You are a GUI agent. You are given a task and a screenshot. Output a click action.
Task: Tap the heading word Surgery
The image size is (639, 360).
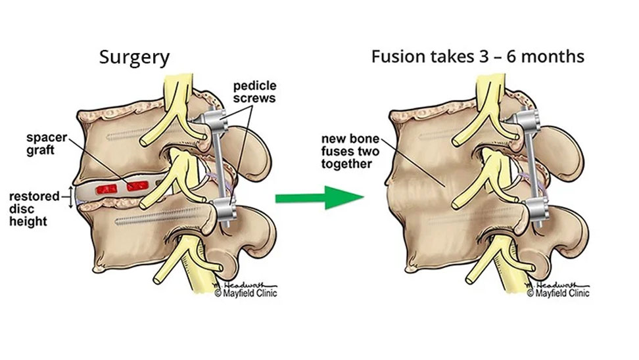tap(134, 57)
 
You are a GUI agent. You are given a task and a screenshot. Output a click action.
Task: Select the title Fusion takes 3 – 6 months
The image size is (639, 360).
tap(477, 56)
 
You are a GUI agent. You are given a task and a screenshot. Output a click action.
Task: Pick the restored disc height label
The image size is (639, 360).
tap(29, 208)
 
